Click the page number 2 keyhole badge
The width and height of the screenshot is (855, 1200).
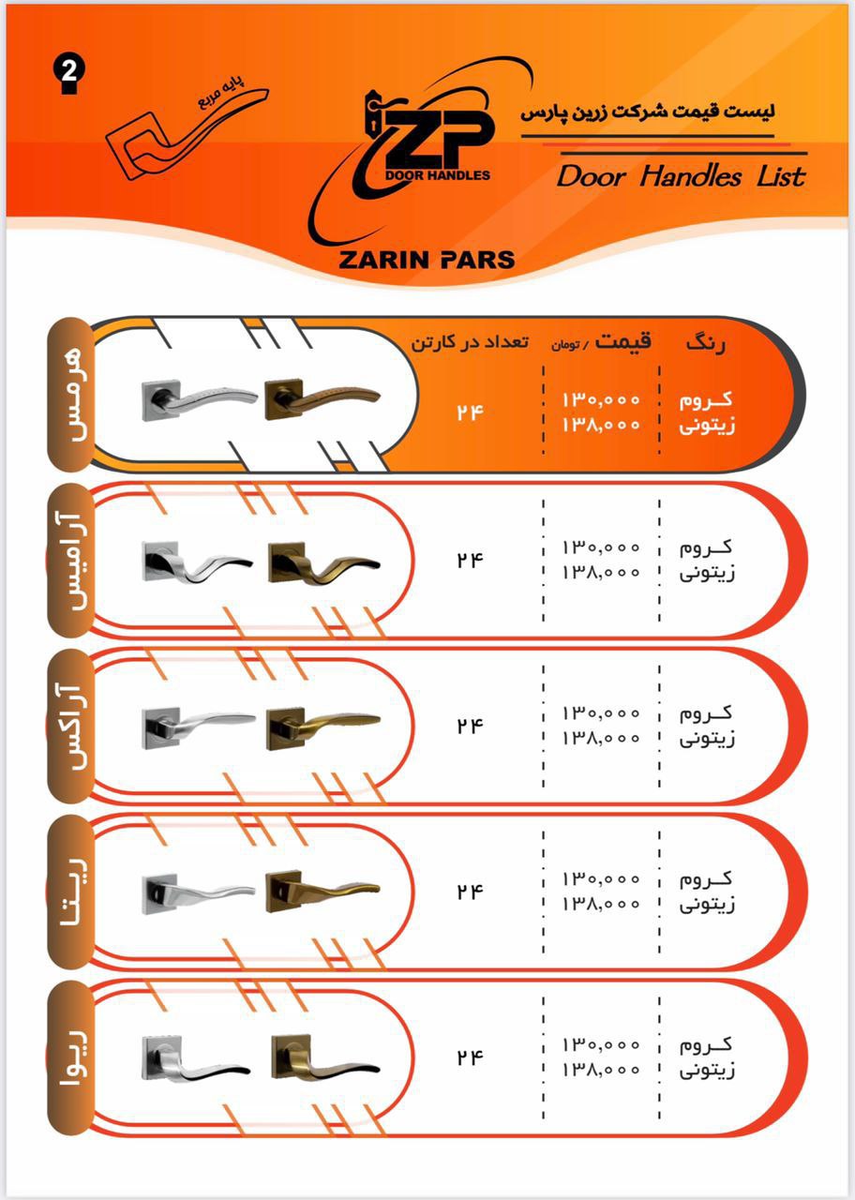pos(69,75)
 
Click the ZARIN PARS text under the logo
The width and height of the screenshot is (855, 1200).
pos(427,260)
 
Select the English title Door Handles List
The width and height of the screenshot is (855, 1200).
pos(681,176)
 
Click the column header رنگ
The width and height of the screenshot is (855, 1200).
pos(706,343)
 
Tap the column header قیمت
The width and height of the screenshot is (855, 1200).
pos(623,340)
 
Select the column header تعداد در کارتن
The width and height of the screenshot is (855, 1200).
pos(470,342)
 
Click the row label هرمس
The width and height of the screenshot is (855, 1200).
pos(70,395)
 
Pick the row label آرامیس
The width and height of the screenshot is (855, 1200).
pos(70,560)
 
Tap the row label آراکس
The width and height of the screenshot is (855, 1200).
pos(70,725)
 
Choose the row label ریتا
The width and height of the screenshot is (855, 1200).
pos(70,891)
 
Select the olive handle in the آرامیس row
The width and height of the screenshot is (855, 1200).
pos(324,562)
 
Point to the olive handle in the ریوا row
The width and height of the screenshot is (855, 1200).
pos(325,1057)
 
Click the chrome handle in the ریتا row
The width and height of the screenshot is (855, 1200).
pos(199,893)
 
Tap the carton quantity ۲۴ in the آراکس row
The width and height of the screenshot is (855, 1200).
pos(470,726)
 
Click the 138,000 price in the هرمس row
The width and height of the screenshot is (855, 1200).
pos(601,425)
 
